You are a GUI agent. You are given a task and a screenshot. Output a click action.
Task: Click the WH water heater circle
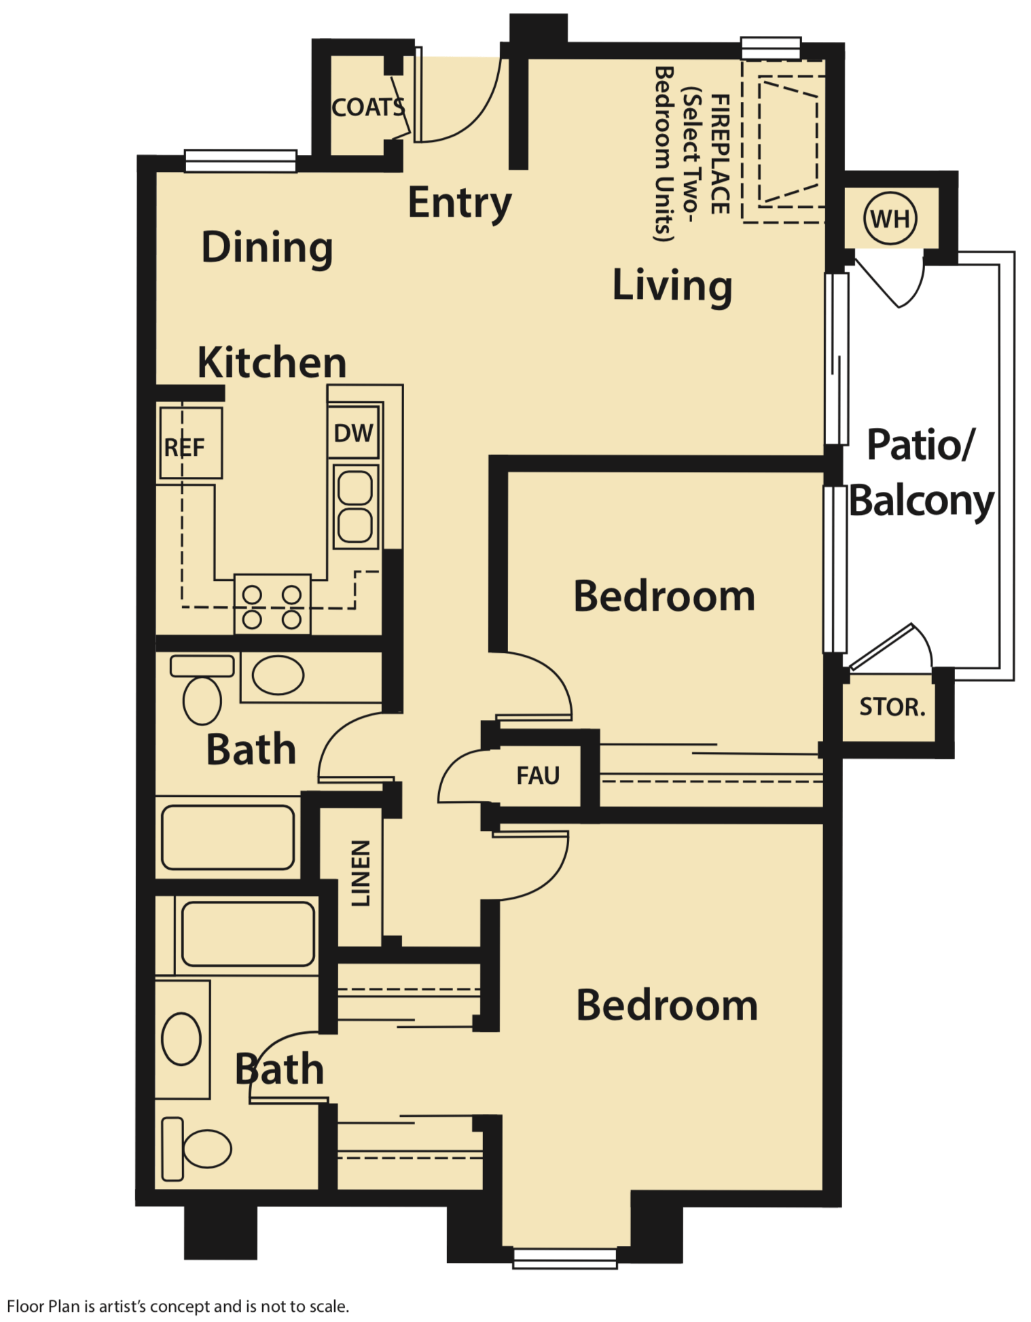[x=890, y=219]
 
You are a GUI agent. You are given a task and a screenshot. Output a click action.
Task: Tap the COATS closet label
[x=368, y=107]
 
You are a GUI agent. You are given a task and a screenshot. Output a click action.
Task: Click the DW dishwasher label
[x=353, y=433]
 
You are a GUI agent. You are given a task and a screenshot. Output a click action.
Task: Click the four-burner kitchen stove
[x=272, y=605]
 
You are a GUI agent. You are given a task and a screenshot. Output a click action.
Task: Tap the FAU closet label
[x=538, y=775]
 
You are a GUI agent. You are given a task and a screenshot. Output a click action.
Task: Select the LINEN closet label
[x=360, y=873]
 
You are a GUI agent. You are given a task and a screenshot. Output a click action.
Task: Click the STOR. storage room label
[x=892, y=707]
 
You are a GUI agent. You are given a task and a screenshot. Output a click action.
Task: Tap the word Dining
[x=267, y=247]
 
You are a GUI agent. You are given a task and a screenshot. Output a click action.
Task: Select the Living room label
[x=672, y=285]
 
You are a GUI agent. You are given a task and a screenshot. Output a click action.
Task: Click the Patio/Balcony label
[x=921, y=473]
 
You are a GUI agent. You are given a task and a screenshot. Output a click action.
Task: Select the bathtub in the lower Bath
[x=248, y=934]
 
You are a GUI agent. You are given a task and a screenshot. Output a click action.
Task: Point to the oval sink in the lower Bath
[x=181, y=1039]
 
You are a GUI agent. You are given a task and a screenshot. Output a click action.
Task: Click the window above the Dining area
[x=240, y=160]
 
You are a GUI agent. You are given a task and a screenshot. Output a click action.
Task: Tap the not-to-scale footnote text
[x=178, y=1306]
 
